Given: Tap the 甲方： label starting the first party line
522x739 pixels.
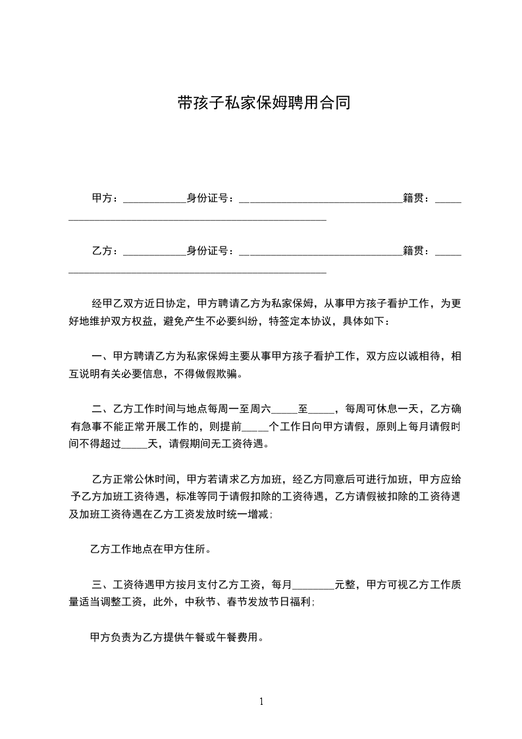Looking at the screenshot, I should click(x=105, y=198).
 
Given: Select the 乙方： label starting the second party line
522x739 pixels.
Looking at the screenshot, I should click(x=105, y=250).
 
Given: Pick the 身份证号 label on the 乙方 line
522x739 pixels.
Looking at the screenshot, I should click(x=211, y=250).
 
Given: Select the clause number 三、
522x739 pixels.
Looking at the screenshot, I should click(x=101, y=584).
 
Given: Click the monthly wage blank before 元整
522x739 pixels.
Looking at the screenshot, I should click(x=313, y=586).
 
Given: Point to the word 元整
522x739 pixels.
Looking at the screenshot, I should click(x=346, y=584).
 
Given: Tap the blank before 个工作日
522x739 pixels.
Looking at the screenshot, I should click(x=256, y=428).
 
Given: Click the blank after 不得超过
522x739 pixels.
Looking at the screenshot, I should click(x=136, y=446).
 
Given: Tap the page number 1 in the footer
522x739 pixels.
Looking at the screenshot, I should click(x=261, y=701).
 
